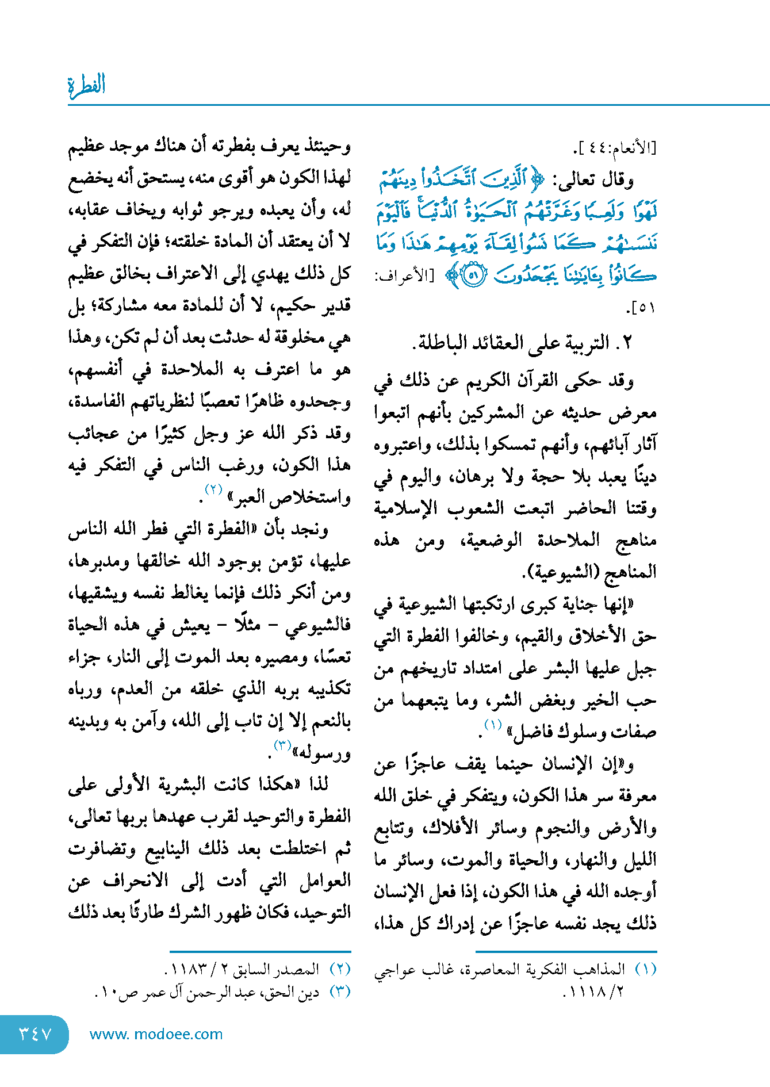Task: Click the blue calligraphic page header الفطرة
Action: click(x=87, y=86)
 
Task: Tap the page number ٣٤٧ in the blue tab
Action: click(x=36, y=1034)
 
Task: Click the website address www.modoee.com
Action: click(x=156, y=1034)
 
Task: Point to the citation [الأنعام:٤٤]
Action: click(x=615, y=148)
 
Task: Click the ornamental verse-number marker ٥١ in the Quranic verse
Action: click(x=474, y=275)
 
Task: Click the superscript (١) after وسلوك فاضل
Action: click(x=493, y=725)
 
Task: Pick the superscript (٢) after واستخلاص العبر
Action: click(x=213, y=490)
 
